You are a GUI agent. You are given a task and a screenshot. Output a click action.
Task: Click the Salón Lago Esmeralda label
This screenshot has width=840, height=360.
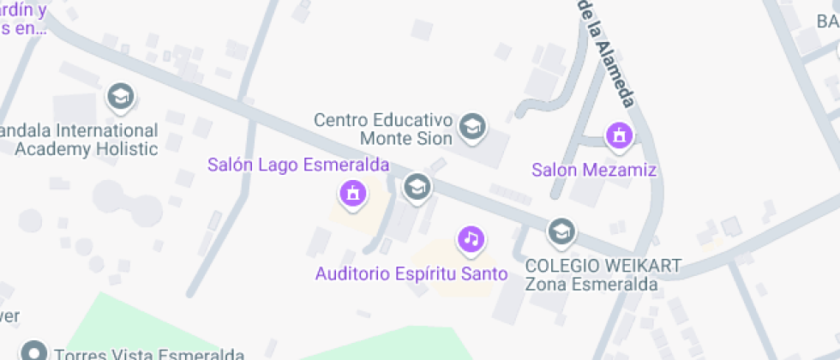point(298,165)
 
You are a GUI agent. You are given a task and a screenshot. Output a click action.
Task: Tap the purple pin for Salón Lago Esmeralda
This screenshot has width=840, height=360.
point(351,194)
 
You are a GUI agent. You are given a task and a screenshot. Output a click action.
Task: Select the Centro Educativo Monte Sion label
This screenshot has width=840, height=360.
point(382,129)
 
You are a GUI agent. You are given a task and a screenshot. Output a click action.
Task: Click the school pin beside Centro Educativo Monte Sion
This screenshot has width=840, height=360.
point(471,127)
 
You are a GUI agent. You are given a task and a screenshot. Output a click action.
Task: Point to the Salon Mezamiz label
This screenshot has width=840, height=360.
point(594,170)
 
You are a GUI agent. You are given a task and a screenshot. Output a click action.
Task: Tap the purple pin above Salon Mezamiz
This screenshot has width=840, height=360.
point(618,135)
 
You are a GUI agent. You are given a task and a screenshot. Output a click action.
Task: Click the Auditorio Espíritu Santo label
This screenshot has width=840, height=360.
point(411,274)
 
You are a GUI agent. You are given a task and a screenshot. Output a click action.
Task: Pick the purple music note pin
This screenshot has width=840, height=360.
point(470,239)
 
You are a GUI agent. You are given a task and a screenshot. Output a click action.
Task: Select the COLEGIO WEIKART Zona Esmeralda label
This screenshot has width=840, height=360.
point(603,274)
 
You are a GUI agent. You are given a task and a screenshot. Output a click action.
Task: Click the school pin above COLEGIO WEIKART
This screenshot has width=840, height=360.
point(561,230)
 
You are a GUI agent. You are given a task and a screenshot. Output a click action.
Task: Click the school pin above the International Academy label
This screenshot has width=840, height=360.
point(120,97)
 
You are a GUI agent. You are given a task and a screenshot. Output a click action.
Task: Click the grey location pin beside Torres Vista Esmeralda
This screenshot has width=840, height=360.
point(33,351)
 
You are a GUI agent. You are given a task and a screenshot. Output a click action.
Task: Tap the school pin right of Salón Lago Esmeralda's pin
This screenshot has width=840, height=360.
point(417,185)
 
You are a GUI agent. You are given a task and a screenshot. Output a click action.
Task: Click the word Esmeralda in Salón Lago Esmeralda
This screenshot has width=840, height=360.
point(347,165)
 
